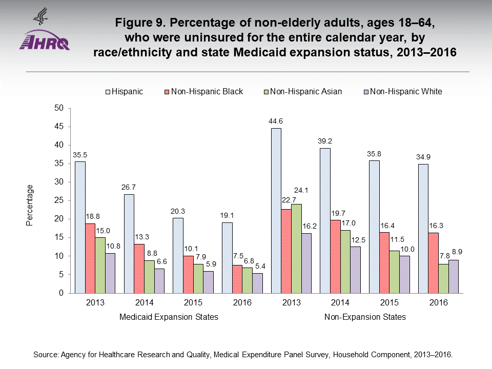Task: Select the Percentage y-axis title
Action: coord(30,205)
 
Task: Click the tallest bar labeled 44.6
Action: coord(276,210)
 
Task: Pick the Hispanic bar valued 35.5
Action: coord(80,227)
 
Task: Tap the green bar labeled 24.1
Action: coord(296,249)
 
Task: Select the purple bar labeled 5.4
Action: coord(257,283)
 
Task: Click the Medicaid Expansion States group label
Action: coord(169,317)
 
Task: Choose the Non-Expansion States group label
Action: coord(365,317)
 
